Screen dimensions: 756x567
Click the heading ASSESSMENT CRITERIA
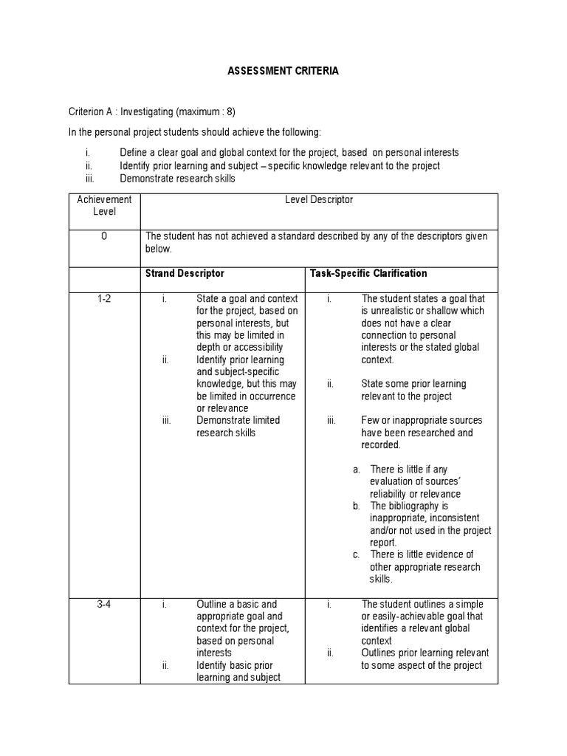click(x=283, y=72)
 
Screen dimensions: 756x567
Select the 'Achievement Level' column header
click(x=104, y=205)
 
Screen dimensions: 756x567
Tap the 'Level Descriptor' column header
click(x=319, y=199)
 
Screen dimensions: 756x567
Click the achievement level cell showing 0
click(x=104, y=236)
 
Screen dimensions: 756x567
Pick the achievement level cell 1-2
click(x=104, y=298)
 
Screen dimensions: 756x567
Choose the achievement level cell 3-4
click(x=104, y=604)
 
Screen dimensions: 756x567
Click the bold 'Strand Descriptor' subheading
click(x=185, y=273)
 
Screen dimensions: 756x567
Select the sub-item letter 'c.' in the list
click(x=357, y=554)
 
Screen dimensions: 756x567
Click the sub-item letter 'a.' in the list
click(x=357, y=470)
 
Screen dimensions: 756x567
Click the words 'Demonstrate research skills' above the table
click(x=177, y=179)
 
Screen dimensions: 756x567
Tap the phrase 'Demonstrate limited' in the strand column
click(x=238, y=420)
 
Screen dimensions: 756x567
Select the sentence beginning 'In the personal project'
click(x=195, y=132)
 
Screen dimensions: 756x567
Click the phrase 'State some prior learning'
click(x=413, y=384)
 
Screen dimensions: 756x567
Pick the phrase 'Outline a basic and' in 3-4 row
click(x=236, y=604)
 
